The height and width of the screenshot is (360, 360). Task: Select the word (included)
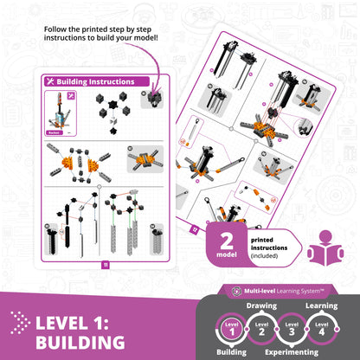point(268,258)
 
